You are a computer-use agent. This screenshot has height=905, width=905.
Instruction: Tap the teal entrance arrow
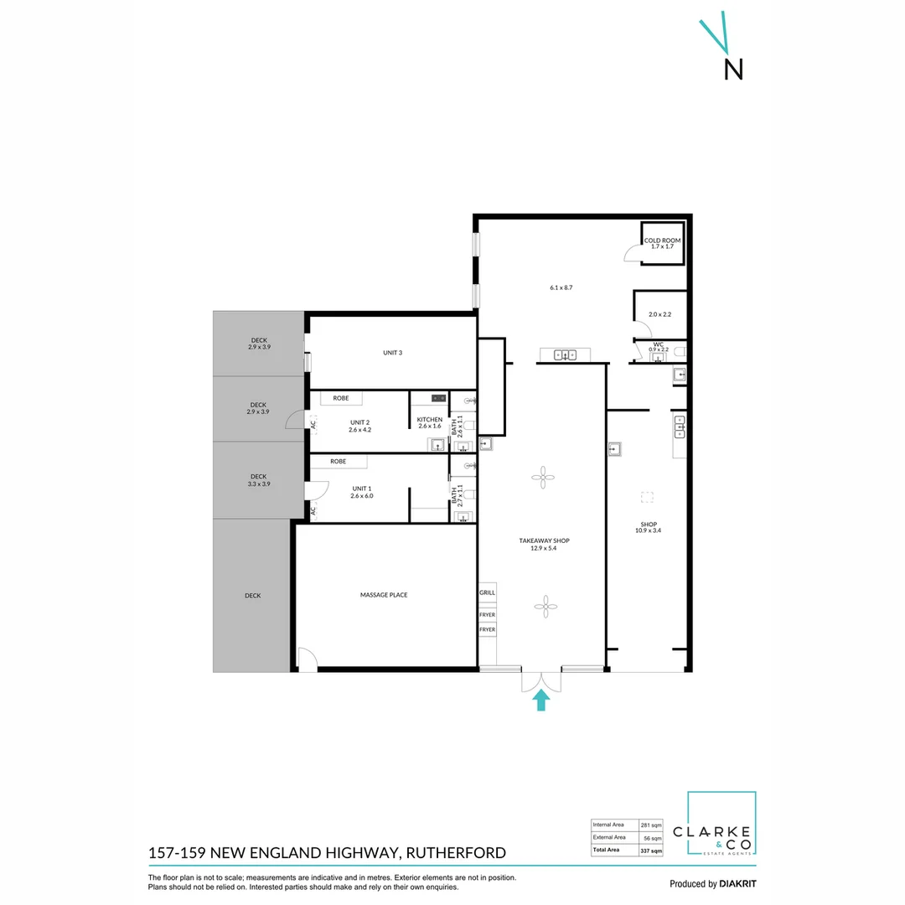point(540,700)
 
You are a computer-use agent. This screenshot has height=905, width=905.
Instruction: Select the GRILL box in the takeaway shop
point(487,592)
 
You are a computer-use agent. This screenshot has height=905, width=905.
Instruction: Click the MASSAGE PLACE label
point(384,595)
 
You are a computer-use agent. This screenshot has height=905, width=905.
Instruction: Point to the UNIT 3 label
point(392,353)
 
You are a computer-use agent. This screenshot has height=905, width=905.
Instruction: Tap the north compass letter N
point(733,70)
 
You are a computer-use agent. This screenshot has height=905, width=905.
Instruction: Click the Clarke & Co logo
point(721,825)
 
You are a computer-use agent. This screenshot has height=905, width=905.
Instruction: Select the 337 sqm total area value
point(651,850)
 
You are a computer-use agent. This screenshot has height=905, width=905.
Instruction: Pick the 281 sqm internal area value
point(651,825)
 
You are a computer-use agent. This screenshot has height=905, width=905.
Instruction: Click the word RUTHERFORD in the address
point(458,853)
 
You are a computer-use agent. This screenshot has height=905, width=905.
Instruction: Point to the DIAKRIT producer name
point(738,883)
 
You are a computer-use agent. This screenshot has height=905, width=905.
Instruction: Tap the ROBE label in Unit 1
point(338,462)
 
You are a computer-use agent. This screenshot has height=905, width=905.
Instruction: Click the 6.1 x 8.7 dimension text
point(561,287)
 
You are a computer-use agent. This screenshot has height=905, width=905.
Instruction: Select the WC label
point(659,344)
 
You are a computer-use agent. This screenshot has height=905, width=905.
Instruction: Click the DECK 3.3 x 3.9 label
point(258,480)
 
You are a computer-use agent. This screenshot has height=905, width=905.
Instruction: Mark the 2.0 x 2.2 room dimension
point(660,315)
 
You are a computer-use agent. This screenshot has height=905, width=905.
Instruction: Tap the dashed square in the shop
point(646,497)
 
